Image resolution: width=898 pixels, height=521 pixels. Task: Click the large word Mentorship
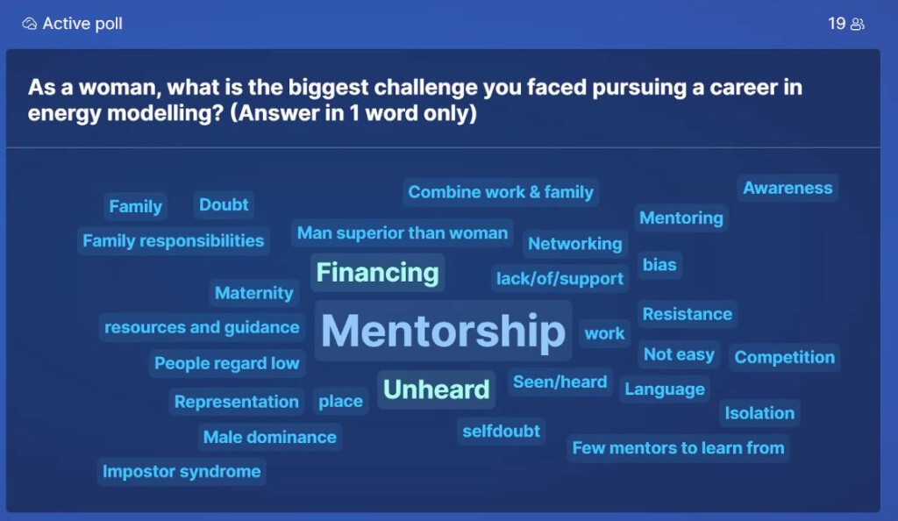click(x=443, y=331)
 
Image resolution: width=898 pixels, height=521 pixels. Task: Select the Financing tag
click(x=377, y=273)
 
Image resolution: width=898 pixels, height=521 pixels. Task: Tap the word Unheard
click(x=437, y=389)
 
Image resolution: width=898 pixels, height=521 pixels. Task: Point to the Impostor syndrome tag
click(x=182, y=471)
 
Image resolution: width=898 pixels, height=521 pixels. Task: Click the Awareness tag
click(x=788, y=188)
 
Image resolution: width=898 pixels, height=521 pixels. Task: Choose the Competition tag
click(x=785, y=357)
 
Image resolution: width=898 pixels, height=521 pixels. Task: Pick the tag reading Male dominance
click(x=270, y=437)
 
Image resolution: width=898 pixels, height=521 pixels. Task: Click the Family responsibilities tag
click(x=174, y=240)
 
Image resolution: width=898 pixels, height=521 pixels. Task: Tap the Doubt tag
click(x=224, y=204)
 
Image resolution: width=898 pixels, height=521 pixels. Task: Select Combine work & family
click(x=501, y=192)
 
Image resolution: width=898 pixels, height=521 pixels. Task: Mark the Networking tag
click(x=575, y=243)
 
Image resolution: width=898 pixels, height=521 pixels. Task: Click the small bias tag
click(x=659, y=265)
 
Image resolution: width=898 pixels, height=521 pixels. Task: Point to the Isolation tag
click(x=759, y=413)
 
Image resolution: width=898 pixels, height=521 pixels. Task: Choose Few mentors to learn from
click(x=678, y=447)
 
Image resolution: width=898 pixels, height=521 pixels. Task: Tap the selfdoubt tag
click(x=501, y=431)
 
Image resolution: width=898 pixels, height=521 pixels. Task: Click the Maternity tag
click(x=253, y=293)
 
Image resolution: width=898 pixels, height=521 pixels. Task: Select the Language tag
click(x=665, y=389)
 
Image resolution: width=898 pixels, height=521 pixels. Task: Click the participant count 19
click(x=837, y=24)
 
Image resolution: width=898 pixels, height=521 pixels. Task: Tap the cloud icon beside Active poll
click(x=29, y=24)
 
